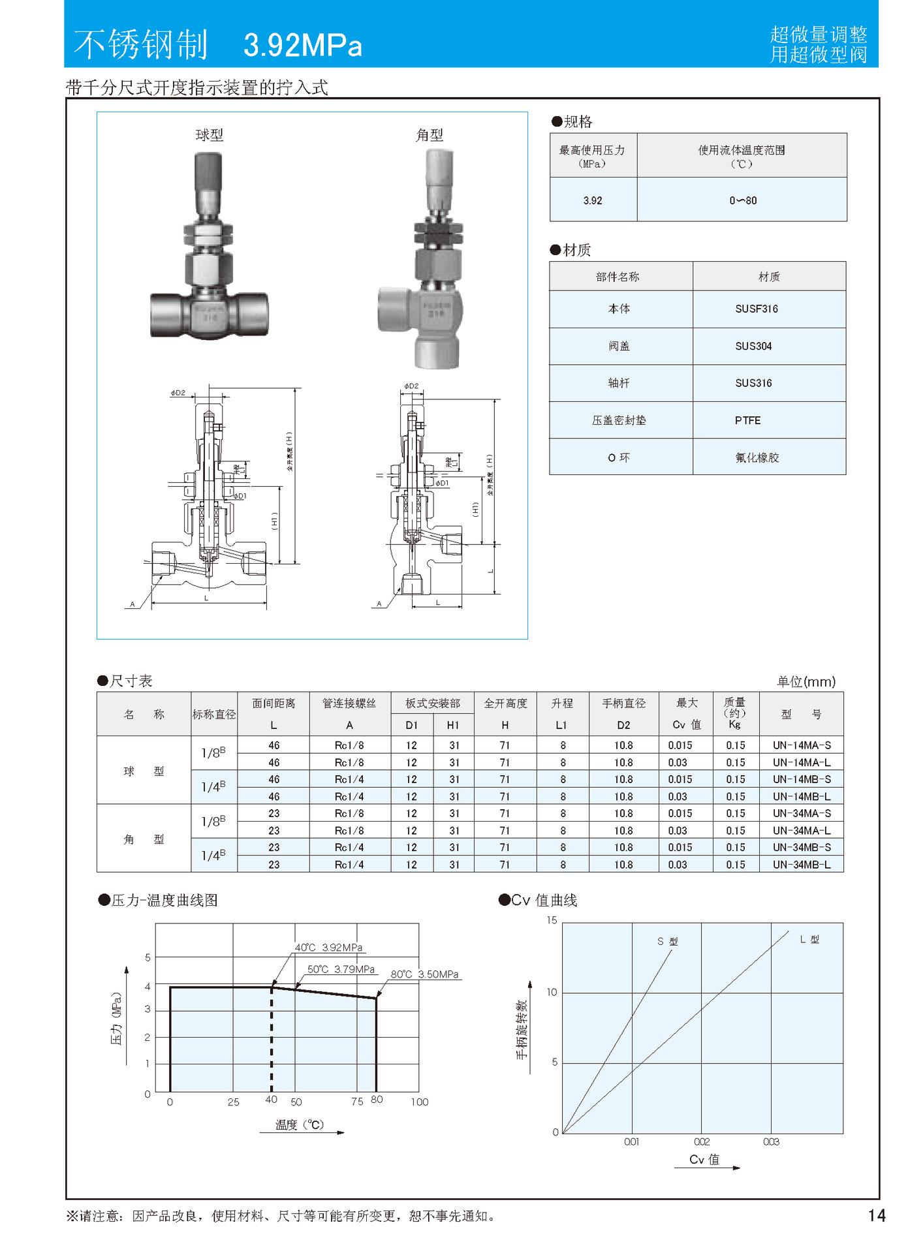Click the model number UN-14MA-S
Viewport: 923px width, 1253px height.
802,745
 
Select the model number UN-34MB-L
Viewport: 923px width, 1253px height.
802,865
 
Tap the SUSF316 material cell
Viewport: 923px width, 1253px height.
757,309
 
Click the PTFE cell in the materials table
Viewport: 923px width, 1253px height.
747,420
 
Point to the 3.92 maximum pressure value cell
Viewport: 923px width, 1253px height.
593,200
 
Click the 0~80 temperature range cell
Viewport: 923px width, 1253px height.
743,200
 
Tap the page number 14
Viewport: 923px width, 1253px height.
877,1215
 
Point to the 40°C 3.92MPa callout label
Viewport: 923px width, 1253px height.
328,948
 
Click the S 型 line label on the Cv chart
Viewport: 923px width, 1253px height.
667,941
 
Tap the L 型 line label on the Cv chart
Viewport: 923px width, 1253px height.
809,939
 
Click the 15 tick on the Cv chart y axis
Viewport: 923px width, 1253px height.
552,920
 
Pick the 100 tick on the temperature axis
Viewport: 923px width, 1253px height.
420,1102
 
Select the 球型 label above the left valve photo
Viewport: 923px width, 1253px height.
210,135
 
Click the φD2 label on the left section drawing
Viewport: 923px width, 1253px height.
178,393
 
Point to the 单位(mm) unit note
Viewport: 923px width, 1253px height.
806,682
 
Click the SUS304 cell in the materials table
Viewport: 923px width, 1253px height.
753,346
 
